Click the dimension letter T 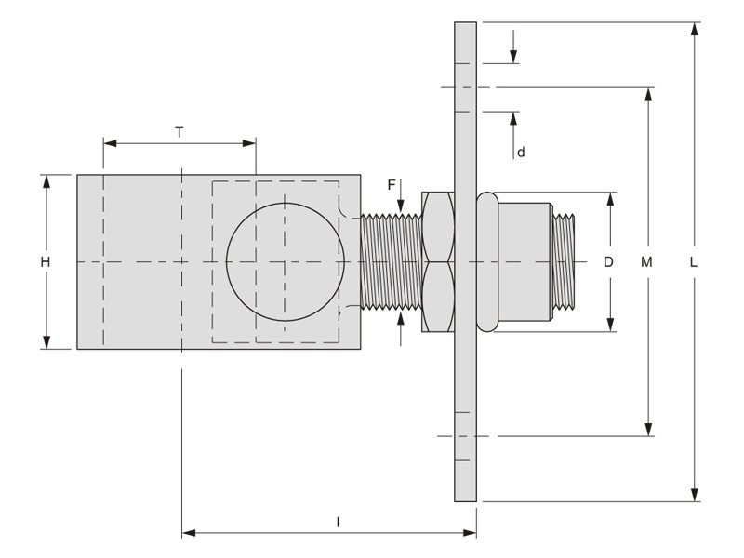pyautogui.click(x=179, y=132)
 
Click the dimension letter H pyautogui.click(x=45, y=262)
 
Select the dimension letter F pyautogui.click(x=392, y=185)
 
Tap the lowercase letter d pyautogui.click(x=521, y=152)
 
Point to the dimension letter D pyautogui.click(x=609, y=262)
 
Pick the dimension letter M pyautogui.click(x=647, y=262)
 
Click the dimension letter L pyautogui.click(x=693, y=262)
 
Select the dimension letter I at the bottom pyautogui.click(x=338, y=523)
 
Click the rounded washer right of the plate pyautogui.click(x=486, y=261)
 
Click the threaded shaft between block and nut pyautogui.click(x=391, y=261)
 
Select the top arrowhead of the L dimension pyautogui.click(x=694, y=28)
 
